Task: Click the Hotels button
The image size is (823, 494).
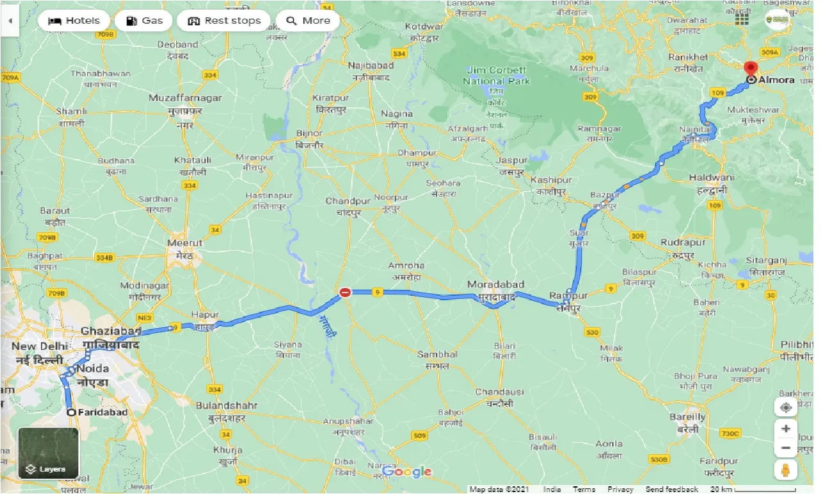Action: [x=74, y=21]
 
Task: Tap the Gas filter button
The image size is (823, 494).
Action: [x=144, y=21]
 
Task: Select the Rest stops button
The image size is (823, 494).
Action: [x=224, y=21]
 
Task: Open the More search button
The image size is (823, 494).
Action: [x=308, y=21]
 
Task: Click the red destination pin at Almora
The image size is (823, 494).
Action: [x=750, y=67]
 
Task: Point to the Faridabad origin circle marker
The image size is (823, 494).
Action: [x=71, y=413]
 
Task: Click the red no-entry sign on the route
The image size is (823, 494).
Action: [x=345, y=293]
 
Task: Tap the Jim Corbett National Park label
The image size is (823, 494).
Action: [x=497, y=76]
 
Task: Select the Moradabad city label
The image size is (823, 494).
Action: [x=495, y=284]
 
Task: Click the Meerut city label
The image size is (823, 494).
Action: [x=185, y=243]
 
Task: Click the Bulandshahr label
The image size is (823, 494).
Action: [x=226, y=405]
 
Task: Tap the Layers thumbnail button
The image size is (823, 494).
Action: [x=48, y=453]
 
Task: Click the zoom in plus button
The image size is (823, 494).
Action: [x=785, y=428]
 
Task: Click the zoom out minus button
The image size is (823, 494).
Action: [x=785, y=448]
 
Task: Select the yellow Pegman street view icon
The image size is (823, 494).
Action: [x=785, y=470]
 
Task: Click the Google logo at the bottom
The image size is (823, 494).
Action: [x=406, y=472]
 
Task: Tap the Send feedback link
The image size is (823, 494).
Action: [x=672, y=490]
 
